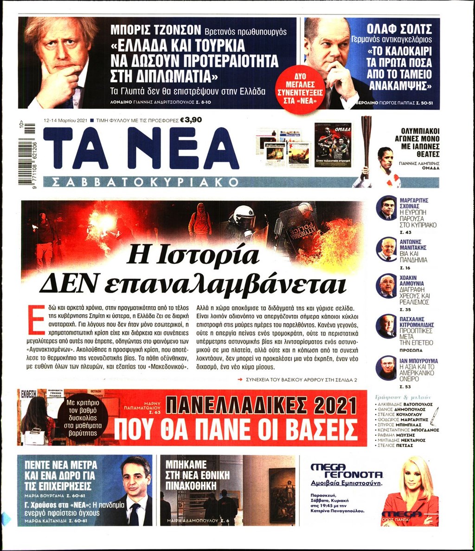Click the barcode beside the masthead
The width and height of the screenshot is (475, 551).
pos(29,153)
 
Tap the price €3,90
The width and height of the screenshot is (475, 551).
pos(193,120)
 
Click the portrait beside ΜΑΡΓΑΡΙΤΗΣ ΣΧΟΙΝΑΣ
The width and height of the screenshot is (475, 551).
pos(386,207)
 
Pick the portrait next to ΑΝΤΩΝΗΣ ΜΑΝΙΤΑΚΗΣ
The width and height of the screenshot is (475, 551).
pos(386,249)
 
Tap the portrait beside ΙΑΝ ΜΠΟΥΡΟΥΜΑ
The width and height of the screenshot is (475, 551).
pos(386,368)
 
